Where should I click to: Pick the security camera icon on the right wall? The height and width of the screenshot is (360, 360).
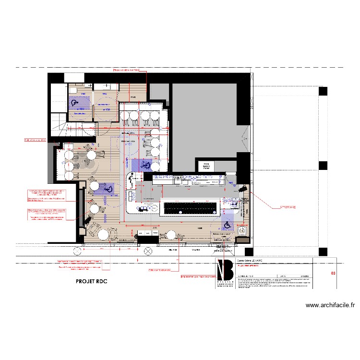tap(243, 189)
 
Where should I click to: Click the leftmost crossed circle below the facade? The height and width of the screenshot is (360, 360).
tap(77, 251)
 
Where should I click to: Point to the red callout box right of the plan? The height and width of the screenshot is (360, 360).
tap(288, 208)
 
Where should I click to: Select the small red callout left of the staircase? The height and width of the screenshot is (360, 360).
tap(35, 141)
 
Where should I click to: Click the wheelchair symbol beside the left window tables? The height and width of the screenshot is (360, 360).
tap(109, 190)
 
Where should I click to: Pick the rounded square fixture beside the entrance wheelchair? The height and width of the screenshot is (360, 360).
tap(243, 230)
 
